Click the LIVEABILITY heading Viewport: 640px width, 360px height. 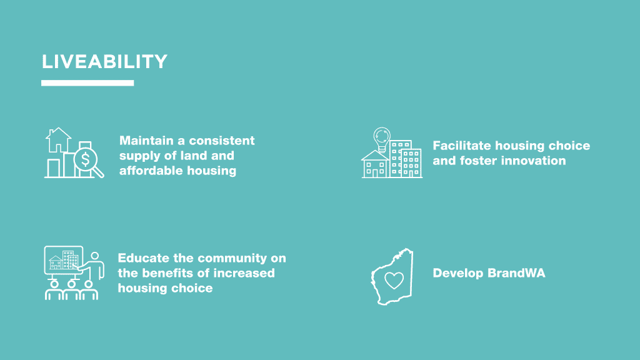(x=104, y=62)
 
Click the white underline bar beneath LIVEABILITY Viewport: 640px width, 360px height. (x=87, y=83)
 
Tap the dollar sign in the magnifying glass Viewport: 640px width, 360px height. (x=85, y=159)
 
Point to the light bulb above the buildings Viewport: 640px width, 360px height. (x=382, y=139)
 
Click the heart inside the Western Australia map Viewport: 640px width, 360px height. (x=394, y=281)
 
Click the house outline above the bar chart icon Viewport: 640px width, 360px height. (x=58, y=139)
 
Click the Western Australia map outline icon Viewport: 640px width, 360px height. (x=392, y=276)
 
